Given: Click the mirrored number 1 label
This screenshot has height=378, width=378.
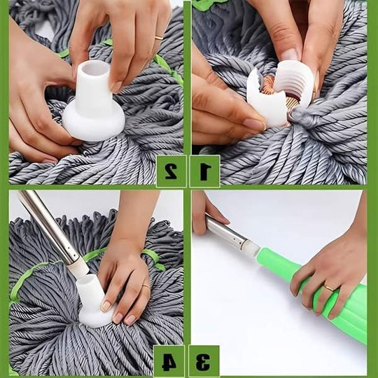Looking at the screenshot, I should [204, 170].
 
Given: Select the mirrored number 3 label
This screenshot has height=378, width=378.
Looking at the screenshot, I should [204, 361].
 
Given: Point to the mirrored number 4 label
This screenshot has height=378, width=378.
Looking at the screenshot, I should [169, 361].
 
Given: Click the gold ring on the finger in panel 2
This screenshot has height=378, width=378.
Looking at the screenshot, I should [159, 36].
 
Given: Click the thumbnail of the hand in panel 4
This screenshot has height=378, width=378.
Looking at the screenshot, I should [106, 306].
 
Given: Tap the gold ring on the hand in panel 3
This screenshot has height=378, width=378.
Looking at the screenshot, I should [328, 287].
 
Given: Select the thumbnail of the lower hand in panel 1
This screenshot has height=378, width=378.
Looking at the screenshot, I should [254, 124].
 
